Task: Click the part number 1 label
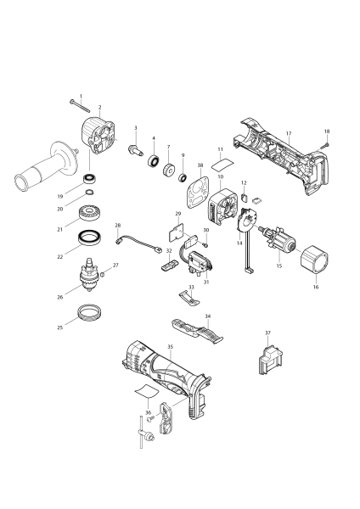tap(81, 96)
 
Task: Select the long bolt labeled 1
tap(80, 107)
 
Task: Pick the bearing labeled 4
tap(154, 160)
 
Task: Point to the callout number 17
tap(289, 133)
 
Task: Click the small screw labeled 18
tap(325, 145)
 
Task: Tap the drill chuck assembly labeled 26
tap(89, 275)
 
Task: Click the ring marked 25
tap(90, 312)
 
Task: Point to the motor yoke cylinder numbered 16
tap(314, 260)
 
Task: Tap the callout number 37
tap(267, 333)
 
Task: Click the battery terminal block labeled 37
tap(270, 361)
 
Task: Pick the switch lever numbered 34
tap(197, 331)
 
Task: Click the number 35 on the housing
tap(171, 347)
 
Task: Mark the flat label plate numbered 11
tap(222, 164)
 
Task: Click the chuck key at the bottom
tap(145, 433)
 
